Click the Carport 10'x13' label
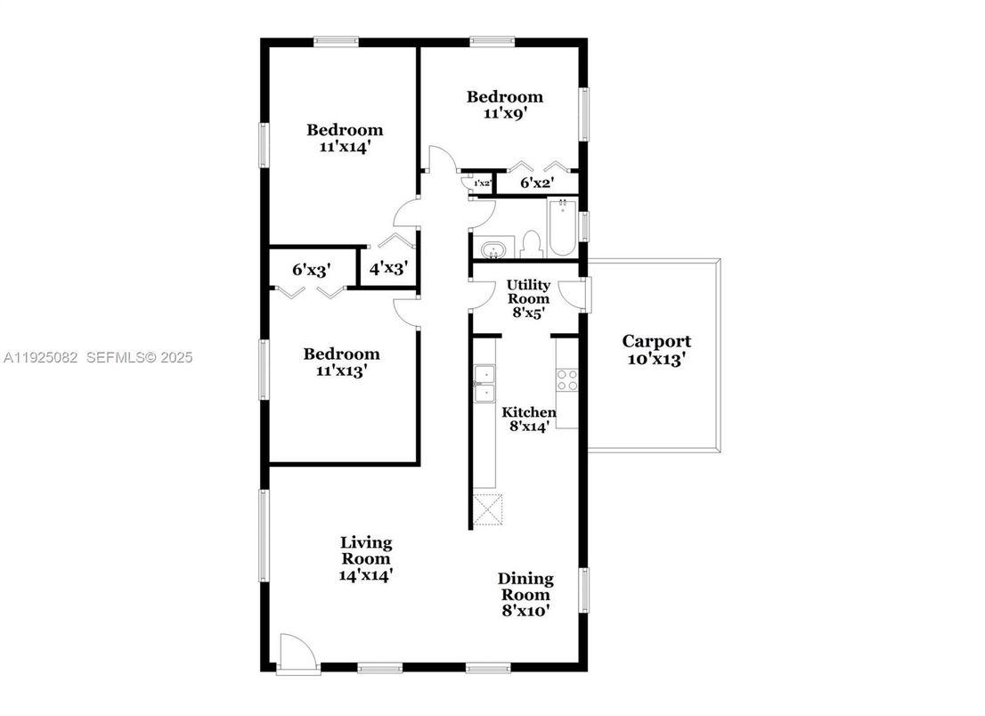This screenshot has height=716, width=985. (x=656, y=351)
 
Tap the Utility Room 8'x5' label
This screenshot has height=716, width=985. (x=528, y=299)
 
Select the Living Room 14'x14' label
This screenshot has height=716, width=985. (x=366, y=558)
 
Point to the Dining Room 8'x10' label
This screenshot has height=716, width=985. (x=525, y=594)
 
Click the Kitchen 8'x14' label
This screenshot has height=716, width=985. (x=529, y=419)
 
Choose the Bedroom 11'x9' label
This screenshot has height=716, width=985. (x=505, y=105)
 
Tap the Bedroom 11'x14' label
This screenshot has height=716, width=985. (x=345, y=138)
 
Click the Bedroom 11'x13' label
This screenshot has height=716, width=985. (x=341, y=362)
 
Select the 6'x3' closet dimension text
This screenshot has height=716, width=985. (x=313, y=268)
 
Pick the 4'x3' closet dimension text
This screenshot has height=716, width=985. (x=387, y=268)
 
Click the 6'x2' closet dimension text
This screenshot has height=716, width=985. (x=537, y=183)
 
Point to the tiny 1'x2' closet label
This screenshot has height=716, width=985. (x=482, y=183)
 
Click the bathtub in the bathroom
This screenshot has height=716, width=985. (x=562, y=229)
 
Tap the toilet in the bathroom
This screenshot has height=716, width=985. (x=531, y=243)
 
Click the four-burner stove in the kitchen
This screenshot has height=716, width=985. (x=566, y=379)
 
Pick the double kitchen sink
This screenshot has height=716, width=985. (x=484, y=383)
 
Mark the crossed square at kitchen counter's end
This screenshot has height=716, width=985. (x=488, y=509)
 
